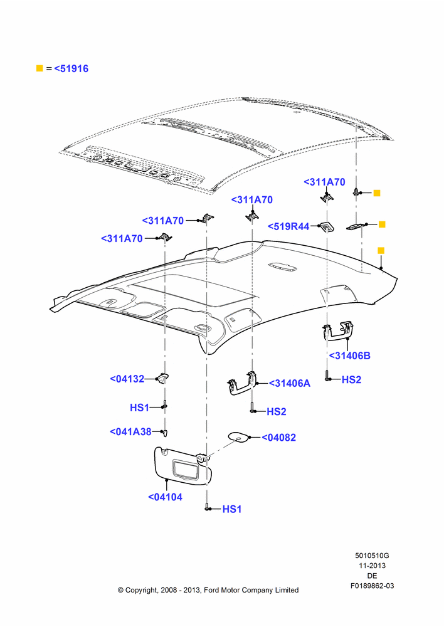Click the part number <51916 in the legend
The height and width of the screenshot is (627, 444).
71,69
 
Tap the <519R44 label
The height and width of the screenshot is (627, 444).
288,226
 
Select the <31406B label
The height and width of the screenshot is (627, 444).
349,356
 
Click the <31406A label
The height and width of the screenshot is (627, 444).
290,383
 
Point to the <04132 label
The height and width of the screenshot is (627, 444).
127,379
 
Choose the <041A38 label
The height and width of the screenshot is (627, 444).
131,432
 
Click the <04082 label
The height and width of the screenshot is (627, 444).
279,438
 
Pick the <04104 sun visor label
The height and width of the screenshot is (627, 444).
165,497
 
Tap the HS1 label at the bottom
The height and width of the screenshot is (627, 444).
232,509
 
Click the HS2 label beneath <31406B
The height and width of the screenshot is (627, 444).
351,379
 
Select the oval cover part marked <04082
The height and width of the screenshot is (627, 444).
239,436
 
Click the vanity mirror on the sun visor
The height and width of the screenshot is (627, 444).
185,469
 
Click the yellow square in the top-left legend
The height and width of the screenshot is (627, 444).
40,68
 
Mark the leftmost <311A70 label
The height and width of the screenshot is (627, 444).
122,239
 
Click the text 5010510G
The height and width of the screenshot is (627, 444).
372,556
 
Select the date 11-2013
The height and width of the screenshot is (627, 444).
372,566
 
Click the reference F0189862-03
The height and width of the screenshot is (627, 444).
372,586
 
